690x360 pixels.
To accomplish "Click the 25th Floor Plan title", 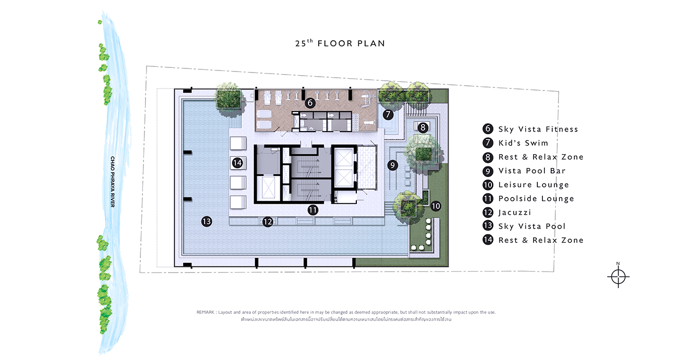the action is (340, 43).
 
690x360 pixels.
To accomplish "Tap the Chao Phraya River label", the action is (113, 182).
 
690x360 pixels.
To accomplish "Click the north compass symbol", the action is (618, 276).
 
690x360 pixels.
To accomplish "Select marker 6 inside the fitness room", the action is (310, 103).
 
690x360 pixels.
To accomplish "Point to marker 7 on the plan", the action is (388, 115).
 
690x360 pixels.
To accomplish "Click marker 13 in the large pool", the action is (207, 221).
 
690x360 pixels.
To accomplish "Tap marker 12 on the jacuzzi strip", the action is (268, 222).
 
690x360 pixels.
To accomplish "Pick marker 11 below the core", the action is (313, 210).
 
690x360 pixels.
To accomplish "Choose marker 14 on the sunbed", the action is (238, 163).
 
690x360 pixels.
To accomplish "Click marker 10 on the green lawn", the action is (435, 206).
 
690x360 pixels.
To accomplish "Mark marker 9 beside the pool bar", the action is (392, 165).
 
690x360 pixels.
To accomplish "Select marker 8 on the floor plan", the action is (423, 128).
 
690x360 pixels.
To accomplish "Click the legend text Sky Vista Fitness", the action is (538, 129).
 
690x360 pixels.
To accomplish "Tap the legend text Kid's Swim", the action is (523, 143).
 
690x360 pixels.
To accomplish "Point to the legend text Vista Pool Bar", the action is (532, 171).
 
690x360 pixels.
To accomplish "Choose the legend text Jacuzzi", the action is (515, 213).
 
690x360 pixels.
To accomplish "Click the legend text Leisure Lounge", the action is (534, 185).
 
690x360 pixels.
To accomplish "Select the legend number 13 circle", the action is (488, 226).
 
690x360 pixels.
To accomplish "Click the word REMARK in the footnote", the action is (206, 312).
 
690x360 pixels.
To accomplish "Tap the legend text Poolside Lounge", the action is (536, 199).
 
